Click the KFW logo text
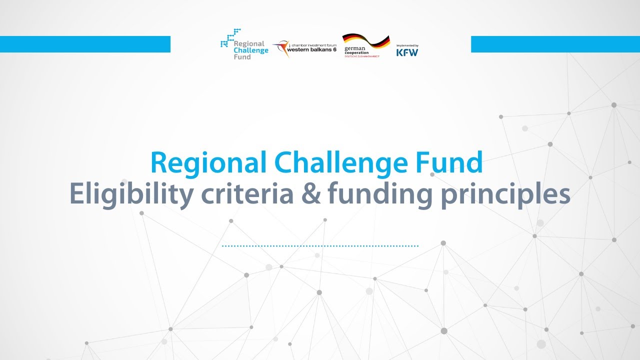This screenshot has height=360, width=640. pyautogui.click(x=407, y=52)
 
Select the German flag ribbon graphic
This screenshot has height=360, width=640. pyautogui.click(x=365, y=41)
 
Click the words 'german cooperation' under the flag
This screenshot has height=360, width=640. pyautogui.click(x=356, y=50)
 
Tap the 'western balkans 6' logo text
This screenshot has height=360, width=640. pyautogui.click(x=313, y=49)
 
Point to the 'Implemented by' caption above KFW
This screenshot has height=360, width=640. pyautogui.click(x=407, y=45)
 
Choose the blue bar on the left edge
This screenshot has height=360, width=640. pyautogui.click(x=85, y=44)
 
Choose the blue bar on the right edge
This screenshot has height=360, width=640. pyautogui.click(x=555, y=44)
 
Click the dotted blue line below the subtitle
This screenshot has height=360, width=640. pyautogui.click(x=320, y=246)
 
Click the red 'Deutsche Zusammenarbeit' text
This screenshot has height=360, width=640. pyautogui.click(x=362, y=56)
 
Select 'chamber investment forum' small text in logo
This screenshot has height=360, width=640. pyautogui.click(x=314, y=44)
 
